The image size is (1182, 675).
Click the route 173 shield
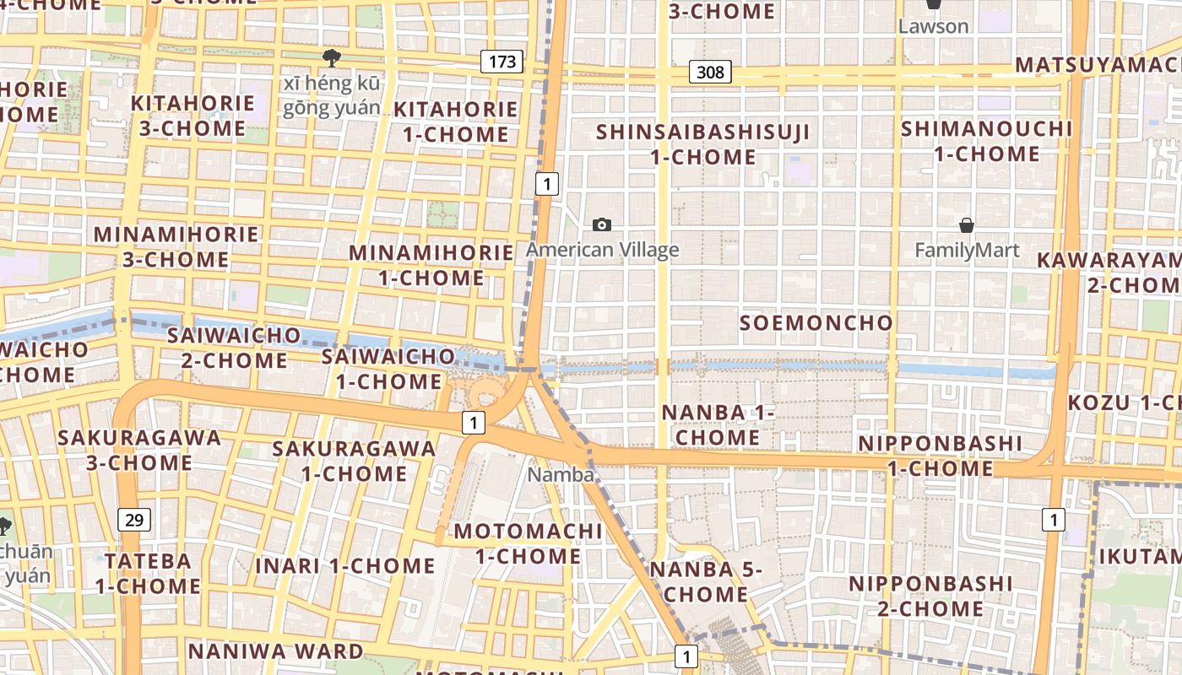[x=502, y=61]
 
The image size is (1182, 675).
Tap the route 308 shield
[x=710, y=72]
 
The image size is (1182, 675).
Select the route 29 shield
[x=134, y=519]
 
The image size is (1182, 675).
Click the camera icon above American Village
[x=602, y=224]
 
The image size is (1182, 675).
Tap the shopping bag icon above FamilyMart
[x=967, y=225]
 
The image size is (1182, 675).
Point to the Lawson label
[x=933, y=26]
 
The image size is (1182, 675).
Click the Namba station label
[x=561, y=475]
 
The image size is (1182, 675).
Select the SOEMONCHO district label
[x=816, y=323]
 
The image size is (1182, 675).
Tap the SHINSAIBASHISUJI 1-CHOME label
[x=703, y=144]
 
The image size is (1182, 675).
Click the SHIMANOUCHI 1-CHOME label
[x=986, y=142]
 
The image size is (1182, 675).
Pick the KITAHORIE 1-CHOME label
[x=455, y=121]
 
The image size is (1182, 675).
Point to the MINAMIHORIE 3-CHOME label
[x=176, y=246]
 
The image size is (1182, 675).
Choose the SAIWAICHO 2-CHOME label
[x=234, y=348]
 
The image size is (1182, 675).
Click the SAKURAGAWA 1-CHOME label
[x=354, y=461]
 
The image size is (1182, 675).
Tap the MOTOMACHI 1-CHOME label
[x=529, y=543]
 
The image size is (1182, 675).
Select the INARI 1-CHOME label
[x=344, y=565]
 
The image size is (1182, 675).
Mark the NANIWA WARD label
[x=275, y=651]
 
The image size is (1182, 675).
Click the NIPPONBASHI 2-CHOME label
[x=930, y=596]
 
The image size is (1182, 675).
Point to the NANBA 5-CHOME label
[x=705, y=581]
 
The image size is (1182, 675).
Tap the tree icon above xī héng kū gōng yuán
[x=332, y=57]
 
